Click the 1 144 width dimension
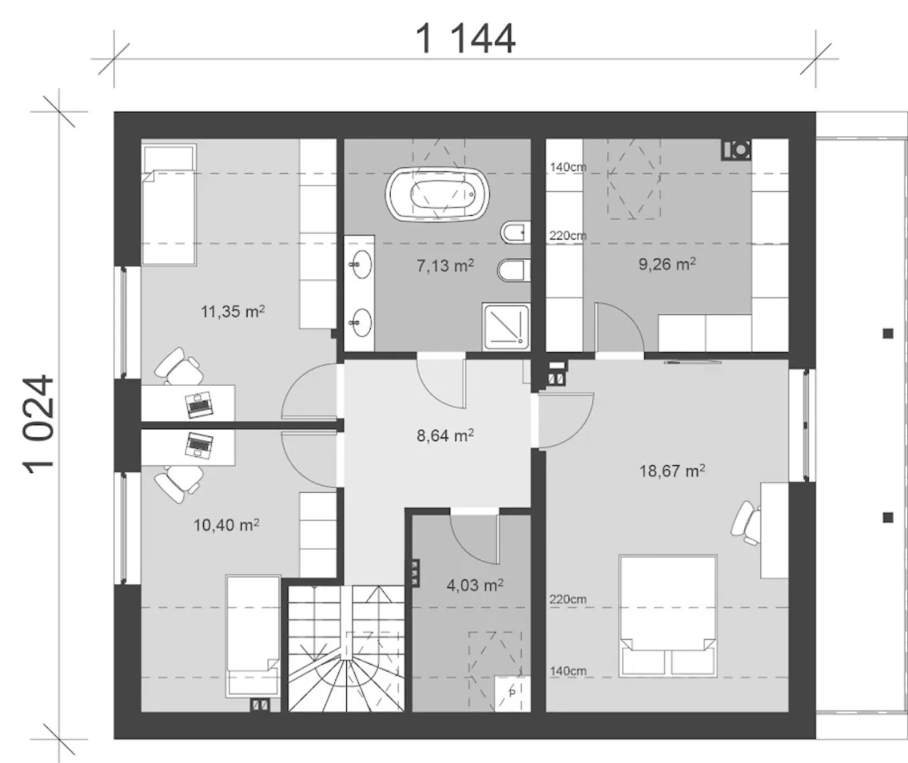click(466, 39)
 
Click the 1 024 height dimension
click(38, 424)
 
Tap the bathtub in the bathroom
click(437, 194)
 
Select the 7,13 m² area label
click(445, 265)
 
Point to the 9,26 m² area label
click(667, 264)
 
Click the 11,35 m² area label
click(233, 311)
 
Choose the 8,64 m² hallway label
click(445, 435)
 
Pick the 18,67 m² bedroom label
click(672, 471)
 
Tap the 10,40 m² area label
click(226, 525)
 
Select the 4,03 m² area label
click(475, 585)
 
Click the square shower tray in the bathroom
click(506, 326)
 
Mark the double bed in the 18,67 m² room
click(668, 616)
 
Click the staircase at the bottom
click(347, 648)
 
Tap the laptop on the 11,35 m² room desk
click(199, 404)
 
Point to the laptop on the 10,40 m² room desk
click(199, 445)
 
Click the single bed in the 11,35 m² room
click(169, 204)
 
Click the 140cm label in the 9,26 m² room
click(568, 167)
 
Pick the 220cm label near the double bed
click(568, 599)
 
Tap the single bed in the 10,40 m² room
click(253, 637)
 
